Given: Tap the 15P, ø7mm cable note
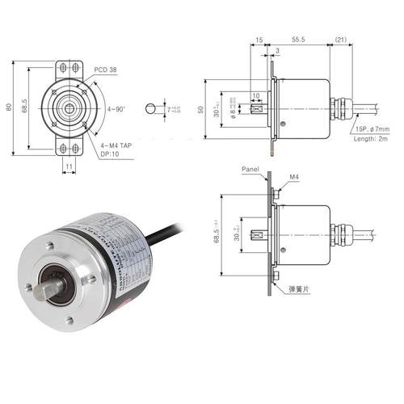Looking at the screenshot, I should coord(373,129).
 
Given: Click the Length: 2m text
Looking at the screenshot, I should coord(373,139).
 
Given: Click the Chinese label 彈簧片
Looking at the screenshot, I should coord(300,287).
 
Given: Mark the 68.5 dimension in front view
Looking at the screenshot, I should coord(27,105).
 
